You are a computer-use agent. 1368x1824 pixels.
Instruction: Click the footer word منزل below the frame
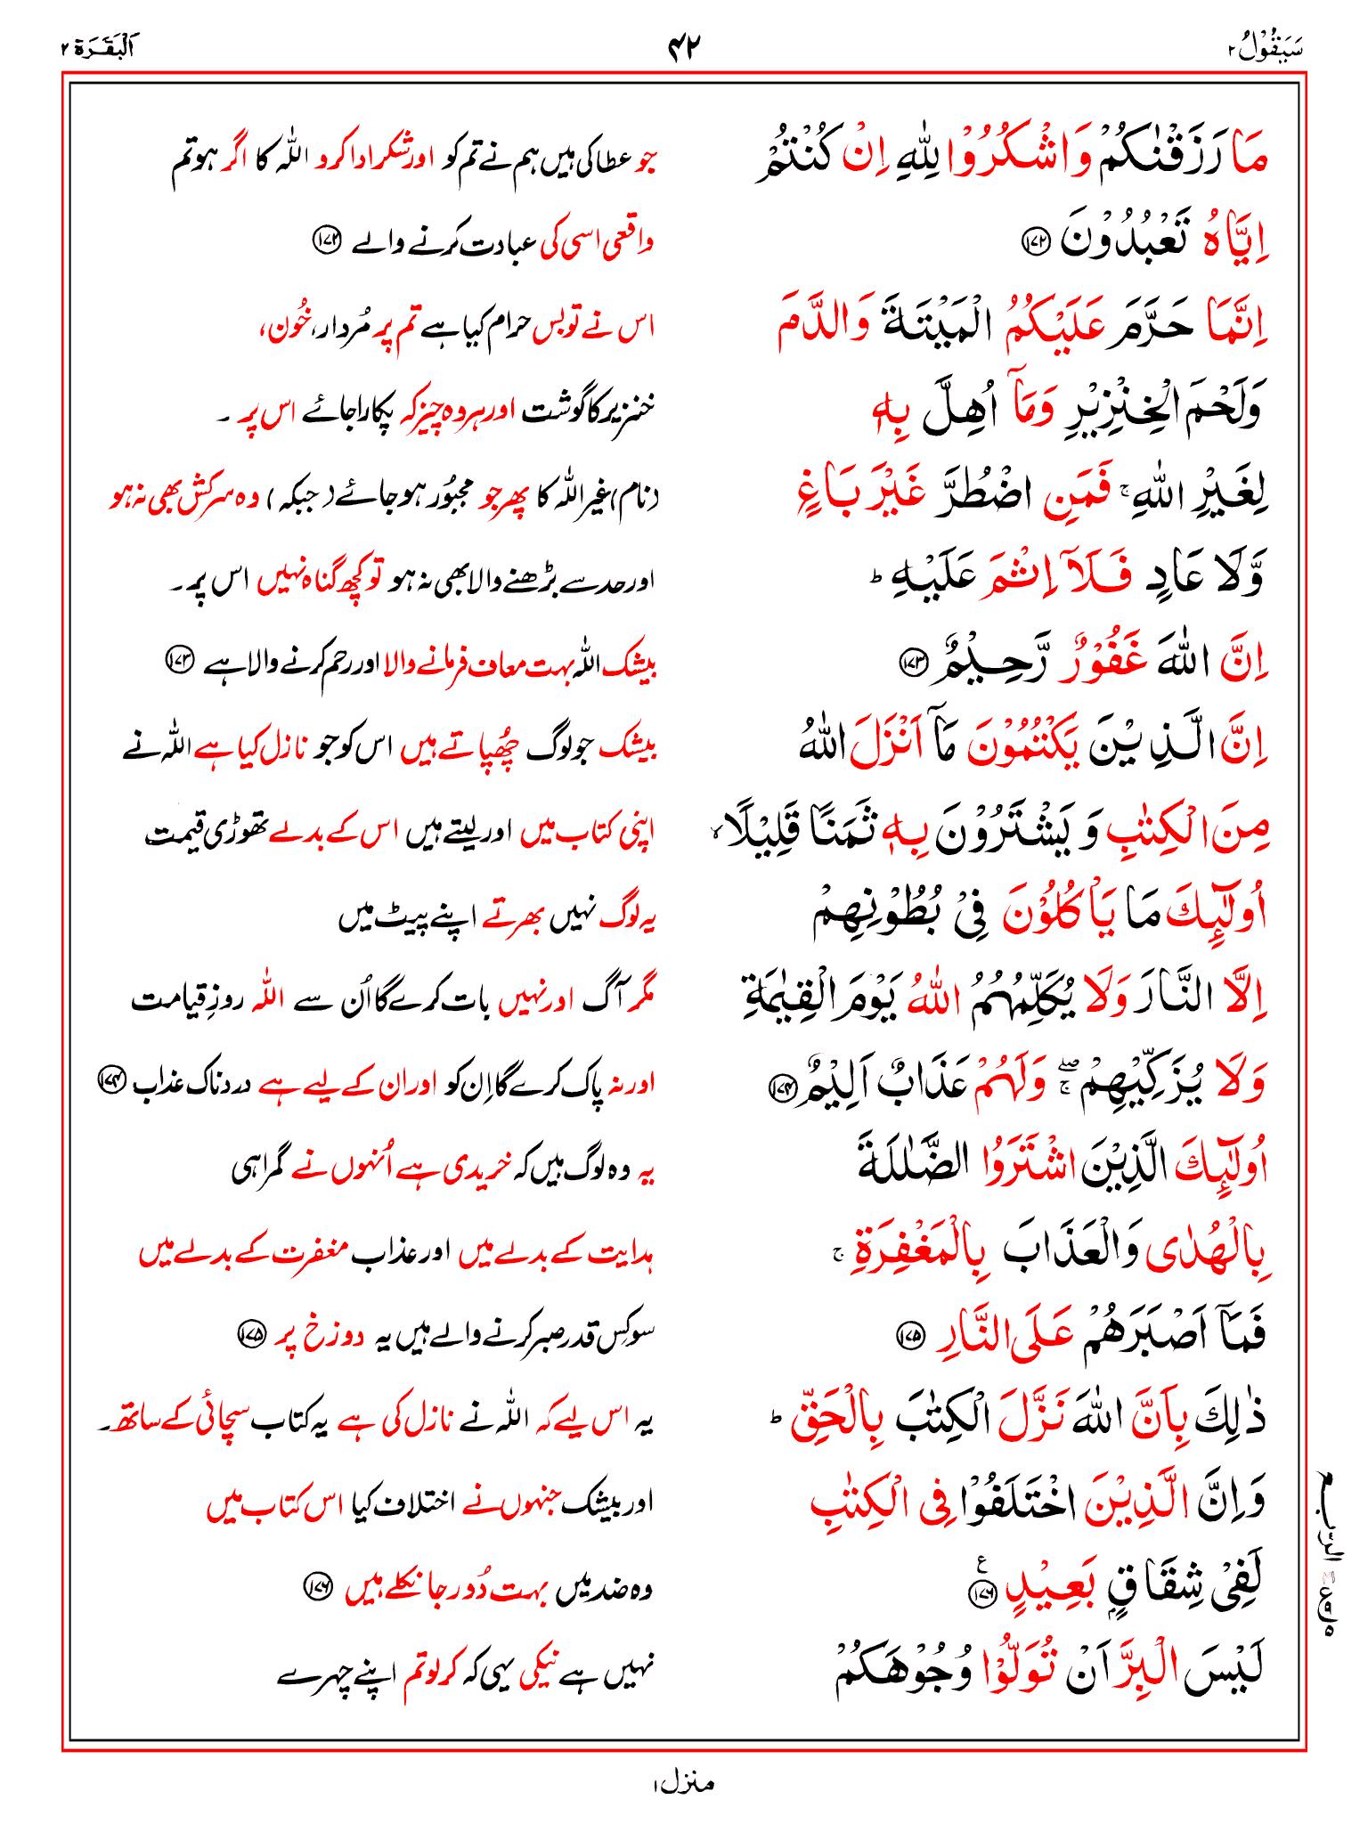684,1783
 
